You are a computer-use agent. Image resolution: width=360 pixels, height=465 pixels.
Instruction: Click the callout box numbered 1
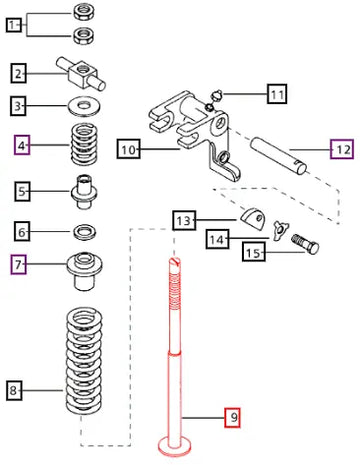tap(14, 25)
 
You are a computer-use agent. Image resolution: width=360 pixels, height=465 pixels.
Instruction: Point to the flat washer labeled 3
tap(84, 106)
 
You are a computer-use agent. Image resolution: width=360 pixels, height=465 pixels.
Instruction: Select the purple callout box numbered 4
tap(22, 145)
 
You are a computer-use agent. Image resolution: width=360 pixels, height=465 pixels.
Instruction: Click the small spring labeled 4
tap(85, 143)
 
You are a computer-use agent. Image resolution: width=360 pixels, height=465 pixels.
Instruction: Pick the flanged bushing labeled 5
tap(84, 191)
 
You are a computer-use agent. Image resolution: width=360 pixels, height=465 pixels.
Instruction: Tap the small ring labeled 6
tap(85, 232)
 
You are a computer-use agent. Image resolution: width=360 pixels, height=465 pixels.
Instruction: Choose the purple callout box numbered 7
tap(19, 264)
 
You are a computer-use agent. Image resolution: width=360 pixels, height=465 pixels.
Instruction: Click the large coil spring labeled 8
tap(83, 361)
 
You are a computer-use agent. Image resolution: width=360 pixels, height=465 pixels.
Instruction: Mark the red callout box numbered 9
tap(233, 417)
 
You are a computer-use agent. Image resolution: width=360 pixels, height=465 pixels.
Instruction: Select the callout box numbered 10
tap(128, 150)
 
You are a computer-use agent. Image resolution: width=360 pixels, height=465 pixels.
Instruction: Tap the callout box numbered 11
tap(277, 94)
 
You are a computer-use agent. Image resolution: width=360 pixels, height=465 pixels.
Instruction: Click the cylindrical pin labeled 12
tap(279, 155)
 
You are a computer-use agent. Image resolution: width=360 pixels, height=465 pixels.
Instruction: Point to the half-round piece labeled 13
tap(252, 219)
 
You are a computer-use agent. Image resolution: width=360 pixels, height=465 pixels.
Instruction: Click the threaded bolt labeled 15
tap(305, 244)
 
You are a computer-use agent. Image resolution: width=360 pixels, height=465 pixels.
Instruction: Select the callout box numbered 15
tap(254, 252)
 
